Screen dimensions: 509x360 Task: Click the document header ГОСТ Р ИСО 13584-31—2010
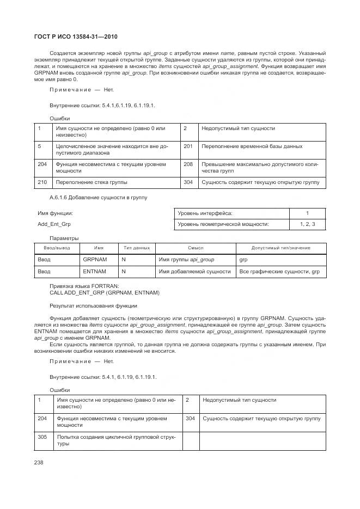77,37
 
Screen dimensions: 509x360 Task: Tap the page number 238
39,462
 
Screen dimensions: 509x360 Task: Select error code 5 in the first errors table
40,146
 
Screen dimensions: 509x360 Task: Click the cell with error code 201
188,146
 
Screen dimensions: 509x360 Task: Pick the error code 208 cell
188,164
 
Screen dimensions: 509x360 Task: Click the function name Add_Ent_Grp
53,224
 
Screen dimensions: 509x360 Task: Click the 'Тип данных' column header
137,248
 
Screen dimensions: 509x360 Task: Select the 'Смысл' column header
196,248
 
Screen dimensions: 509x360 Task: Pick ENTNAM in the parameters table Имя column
94,271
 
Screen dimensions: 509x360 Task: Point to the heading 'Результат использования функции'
93,306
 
